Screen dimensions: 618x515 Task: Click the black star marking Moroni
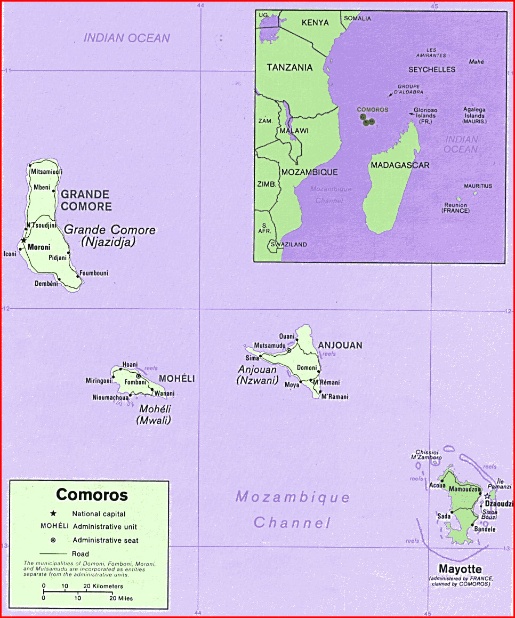point(23,242)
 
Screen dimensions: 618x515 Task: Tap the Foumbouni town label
point(94,274)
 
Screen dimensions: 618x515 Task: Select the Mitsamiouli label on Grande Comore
point(47,172)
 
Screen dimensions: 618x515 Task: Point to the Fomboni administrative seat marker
point(139,376)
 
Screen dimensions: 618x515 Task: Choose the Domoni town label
point(307,368)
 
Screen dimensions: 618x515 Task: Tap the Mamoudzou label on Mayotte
point(465,489)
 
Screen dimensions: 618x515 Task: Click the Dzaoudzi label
point(500,504)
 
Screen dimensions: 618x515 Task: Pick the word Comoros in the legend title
point(92,495)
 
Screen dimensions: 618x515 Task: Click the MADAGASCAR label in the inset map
point(400,165)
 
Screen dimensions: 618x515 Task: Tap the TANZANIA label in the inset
point(289,68)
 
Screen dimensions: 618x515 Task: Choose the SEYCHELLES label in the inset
point(432,69)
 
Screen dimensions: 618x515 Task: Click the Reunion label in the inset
point(455,205)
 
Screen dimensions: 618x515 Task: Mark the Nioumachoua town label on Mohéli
point(110,397)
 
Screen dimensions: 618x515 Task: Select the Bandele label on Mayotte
point(485,529)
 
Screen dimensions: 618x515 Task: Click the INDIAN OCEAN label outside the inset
point(127,38)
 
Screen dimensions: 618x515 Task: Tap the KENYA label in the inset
point(315,22)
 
